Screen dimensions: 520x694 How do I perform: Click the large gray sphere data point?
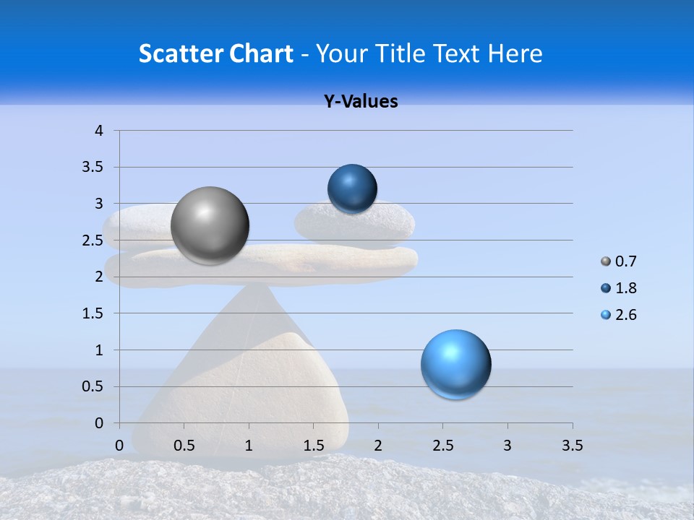tap(210, 225)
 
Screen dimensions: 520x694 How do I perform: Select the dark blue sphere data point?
tap(352, 189)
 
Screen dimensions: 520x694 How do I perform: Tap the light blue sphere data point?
tap(455, 364)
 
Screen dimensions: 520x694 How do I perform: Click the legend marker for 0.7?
tap(605, 261)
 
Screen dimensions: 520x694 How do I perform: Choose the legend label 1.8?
tap(625, 288)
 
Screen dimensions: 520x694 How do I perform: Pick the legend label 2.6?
tap(625, 315)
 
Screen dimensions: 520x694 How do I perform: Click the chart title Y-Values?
tap(361, 102)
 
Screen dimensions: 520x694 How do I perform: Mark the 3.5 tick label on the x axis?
tap(572, 446)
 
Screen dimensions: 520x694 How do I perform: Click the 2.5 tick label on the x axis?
tap(442, 446)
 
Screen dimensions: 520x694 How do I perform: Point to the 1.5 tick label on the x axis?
tap(313, 446)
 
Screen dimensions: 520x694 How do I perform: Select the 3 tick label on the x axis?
tap(507, 446)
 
